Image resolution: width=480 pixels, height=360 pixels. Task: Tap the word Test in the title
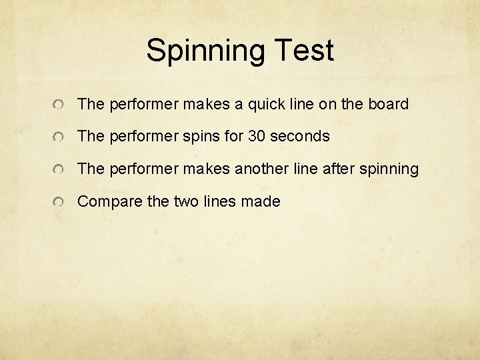(x=299, y=50)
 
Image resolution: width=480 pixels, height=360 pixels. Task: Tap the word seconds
(x=300, y=137)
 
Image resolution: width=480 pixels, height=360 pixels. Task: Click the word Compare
(x=104, y=202)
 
